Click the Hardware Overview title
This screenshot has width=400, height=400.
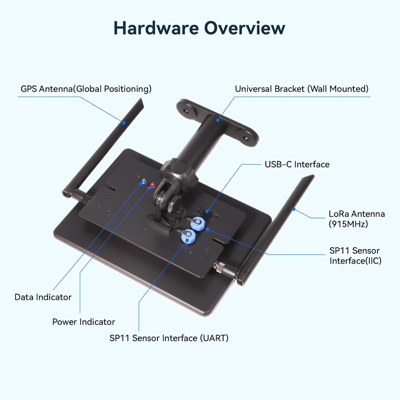coord(199,28)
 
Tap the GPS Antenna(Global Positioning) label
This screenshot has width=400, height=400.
coord(86,89)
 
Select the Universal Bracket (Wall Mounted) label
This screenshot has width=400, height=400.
coord(301,89)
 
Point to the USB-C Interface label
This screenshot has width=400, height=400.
coord(297,164)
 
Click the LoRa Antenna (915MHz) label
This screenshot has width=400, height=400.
coord(356,219)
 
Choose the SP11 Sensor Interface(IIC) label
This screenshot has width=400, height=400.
coord(355,255)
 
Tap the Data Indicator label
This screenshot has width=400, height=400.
coord(43,297)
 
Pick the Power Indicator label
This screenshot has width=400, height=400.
coord(83,322)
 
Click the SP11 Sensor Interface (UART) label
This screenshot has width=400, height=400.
coord(169,338)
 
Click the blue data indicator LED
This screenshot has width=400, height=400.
coord(143,182)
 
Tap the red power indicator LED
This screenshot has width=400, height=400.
coord(152,186)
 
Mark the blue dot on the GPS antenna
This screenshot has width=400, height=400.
coord(124,123)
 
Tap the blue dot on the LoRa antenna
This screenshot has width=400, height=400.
coord(294,209)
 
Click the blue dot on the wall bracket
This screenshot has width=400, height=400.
coord(218,120)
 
